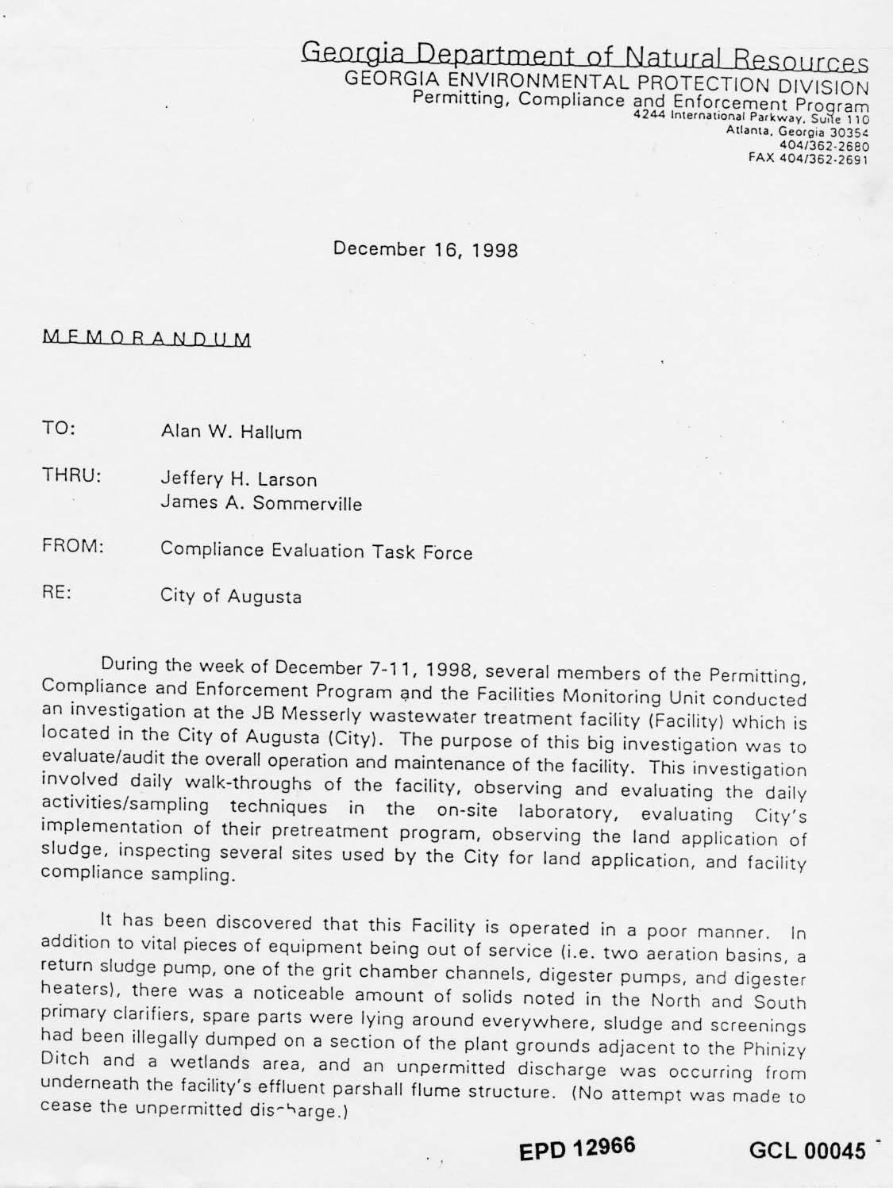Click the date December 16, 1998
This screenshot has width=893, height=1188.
click(425, 249)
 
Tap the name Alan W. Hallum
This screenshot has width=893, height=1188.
click(231, 433)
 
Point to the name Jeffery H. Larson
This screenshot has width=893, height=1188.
click(239, 479)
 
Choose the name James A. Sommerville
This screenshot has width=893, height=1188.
click(261, 503)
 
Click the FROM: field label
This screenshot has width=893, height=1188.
click(73, 547)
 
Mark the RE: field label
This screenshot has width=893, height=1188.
click(57, 593)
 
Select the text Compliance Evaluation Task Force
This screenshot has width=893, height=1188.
click(316, 551)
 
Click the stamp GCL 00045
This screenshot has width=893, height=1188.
click(806, 1151)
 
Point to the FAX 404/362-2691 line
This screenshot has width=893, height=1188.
click(809, 158)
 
